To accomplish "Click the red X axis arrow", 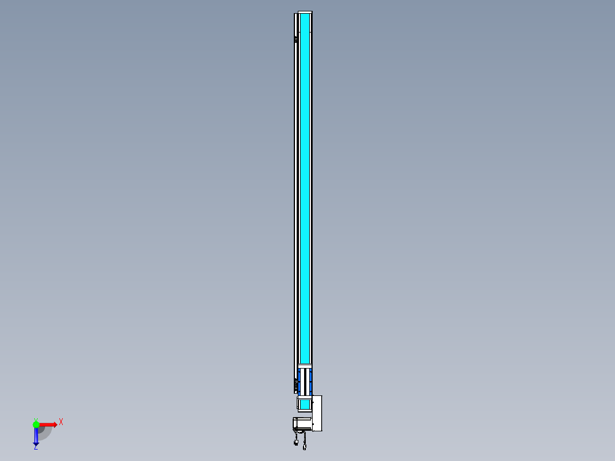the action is click(x=48, y=424).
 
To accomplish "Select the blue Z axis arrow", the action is click(x=36, y=435).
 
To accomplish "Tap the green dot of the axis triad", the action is click(x=36, y=424).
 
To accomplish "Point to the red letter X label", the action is click(x=61, y=422).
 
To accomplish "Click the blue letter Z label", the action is click(x=36, y=447).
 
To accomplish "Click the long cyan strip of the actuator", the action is click(x=305, y=188).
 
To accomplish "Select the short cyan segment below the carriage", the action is click(x=305, y=405).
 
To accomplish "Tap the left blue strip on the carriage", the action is click(x=300, y=381).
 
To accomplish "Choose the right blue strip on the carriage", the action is click(x=310, y=381).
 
